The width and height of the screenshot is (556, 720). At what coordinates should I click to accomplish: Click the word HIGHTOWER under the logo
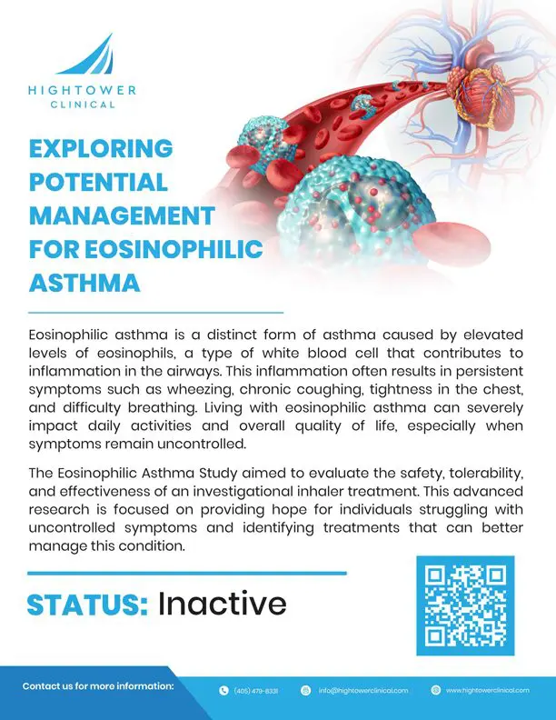pos(82,90)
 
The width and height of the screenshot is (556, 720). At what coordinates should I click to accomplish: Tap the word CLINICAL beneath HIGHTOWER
pos(83,105)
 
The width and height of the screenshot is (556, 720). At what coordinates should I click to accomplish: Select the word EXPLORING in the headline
pos(101,148)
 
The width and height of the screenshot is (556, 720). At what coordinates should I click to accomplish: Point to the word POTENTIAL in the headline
pos(98,182)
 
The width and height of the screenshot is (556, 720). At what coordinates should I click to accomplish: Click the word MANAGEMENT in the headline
pos(122,215)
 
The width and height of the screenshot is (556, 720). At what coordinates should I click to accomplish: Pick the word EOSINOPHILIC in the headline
pos(174,249)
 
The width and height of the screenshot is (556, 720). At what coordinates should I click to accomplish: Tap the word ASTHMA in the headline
pos(84,283)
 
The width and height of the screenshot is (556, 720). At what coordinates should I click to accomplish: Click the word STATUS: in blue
pos(87,605)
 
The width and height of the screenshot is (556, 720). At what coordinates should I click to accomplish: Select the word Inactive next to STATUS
pos(223,604)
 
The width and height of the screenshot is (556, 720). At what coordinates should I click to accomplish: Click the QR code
pos(465,605)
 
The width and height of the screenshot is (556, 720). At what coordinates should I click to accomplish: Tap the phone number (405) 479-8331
pos(256,691)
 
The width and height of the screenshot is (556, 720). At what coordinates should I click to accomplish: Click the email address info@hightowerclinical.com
pos(362,690)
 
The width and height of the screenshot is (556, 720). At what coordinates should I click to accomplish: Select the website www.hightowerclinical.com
pos(488,690)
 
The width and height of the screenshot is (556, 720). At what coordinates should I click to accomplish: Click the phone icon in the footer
pos(223,690)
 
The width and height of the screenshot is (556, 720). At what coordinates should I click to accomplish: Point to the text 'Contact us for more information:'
pos(98,686)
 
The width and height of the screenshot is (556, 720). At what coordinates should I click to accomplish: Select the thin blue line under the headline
pos(155,312)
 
